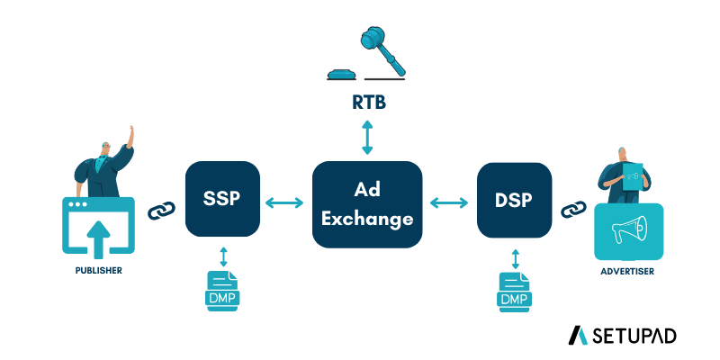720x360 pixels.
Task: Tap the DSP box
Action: coord(514,199)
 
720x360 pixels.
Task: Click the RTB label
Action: coord(367,104)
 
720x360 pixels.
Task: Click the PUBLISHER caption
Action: coord(98,269)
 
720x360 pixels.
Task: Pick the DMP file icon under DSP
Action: coord(515,290)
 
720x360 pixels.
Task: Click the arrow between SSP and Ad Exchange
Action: coord(285,204)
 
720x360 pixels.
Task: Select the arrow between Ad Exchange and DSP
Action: coord(450,204)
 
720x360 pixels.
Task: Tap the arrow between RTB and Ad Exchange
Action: coord(367,139)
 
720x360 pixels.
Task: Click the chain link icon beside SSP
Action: coord(160,211)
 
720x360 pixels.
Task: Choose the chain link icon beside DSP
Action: coord(571,211)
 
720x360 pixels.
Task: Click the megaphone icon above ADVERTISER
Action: coord(628,230)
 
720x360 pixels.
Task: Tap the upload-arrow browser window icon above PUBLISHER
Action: coord(98,225)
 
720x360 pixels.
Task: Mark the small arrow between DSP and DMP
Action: coord(515,259)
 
